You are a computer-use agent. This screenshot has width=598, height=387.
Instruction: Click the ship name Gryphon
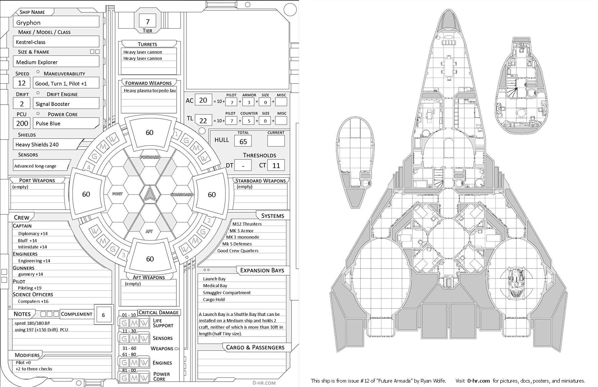tap(29, 23)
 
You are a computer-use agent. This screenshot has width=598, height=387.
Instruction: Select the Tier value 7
tap(148, 22)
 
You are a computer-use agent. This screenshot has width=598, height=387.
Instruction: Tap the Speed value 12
tap(22, 83)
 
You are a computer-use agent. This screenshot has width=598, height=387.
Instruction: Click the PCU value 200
tap(22, 123)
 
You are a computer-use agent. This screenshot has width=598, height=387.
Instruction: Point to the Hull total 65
tap(243, 142)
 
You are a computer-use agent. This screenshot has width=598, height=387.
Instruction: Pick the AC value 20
tap(203, 100)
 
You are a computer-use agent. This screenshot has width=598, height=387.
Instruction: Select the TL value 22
tap(203, 121)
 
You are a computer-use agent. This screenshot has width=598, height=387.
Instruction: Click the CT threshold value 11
tap(276, 165)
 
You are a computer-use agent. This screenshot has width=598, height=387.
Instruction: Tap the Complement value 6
tap(103, 315)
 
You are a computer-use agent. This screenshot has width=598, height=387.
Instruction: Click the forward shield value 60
tap(149, 133)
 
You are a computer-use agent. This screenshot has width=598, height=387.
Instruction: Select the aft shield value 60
tap(150, 259)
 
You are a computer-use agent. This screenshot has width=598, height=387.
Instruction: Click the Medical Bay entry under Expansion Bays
tap(215, 286)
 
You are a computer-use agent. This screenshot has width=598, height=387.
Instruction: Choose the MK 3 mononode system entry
tap(243, 237)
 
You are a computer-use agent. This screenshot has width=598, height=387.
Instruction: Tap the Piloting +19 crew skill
tap(30, 288)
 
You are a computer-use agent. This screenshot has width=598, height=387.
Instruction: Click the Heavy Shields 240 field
tap(37, 145)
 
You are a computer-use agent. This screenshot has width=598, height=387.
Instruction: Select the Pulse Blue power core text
tap(48, 123)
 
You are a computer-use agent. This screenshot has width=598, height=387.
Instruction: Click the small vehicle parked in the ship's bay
tap(516, 283)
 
